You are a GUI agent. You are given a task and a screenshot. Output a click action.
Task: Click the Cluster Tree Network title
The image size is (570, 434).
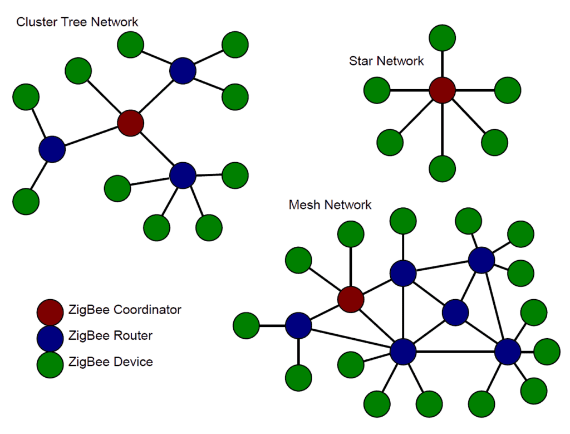click(x=77, y=22)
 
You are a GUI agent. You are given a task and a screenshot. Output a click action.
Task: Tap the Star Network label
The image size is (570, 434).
click(x=386, y=61)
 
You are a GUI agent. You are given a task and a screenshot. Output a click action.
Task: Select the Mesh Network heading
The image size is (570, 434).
click(x=330, y=205)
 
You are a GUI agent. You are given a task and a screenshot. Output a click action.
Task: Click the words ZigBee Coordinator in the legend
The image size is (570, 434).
click(x=125, y=309)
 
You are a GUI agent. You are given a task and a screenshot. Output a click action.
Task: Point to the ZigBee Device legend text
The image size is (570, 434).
click(x=111, y=362)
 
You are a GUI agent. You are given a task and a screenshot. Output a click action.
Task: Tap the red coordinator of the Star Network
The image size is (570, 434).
click(x=443, y=90)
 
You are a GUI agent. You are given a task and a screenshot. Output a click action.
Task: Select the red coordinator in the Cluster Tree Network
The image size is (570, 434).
click(x=131, y=123)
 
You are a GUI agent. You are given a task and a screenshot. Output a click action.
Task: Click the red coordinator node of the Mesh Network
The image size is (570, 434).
click(x=351, y=299)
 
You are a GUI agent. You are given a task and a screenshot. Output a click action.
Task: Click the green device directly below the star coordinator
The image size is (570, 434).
click(x=443, y=168)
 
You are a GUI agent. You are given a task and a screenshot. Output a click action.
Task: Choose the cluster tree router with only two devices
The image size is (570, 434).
click(x=52, y=149)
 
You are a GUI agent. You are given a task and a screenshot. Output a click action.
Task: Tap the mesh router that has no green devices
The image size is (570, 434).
click(x=455, y=313)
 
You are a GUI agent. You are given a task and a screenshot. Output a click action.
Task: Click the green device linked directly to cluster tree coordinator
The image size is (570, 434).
click(x=78, y=71)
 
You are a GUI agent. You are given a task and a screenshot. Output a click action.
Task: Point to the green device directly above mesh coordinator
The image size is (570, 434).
click(x=351, y=235)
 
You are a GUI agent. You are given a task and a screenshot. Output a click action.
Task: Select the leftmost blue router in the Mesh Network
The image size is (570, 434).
click(x=298, y=325)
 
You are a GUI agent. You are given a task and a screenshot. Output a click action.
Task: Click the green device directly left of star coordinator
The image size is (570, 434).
click(x=377, y=90)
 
